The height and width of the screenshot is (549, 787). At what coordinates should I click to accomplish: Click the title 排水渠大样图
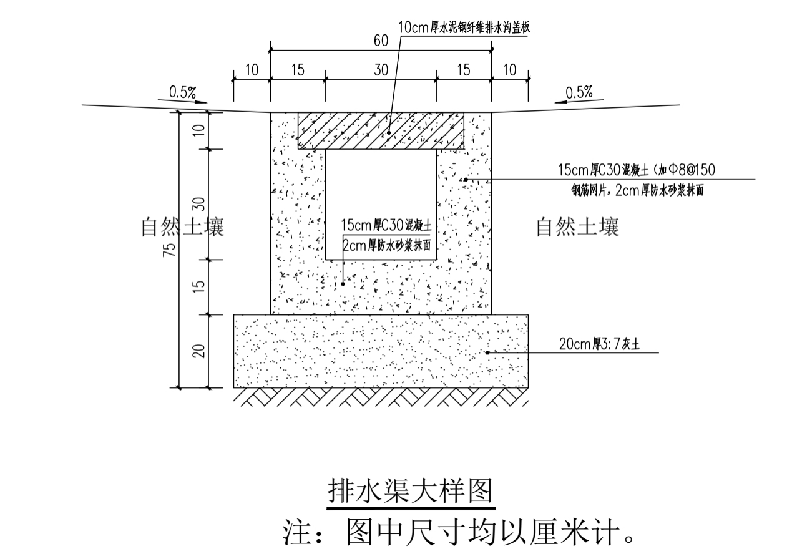(x=411, y=490)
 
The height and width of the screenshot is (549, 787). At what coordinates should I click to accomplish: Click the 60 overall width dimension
(x=381, y=41)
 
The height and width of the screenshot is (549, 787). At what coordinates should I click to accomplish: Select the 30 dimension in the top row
(x=381, y=70)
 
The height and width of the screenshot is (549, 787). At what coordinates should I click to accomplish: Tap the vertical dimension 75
(x=169, y=249)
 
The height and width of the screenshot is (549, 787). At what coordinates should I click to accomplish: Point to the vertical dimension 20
(x=198, y=351)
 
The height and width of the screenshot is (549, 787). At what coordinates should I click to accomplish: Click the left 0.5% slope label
(x=182, y=92)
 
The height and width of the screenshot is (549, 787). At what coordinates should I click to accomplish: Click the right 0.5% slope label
(x=579, y=92)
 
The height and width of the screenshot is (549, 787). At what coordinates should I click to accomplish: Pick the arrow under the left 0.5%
(x=182, y=102)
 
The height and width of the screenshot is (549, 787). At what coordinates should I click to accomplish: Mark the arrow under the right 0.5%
(x=579, y=102)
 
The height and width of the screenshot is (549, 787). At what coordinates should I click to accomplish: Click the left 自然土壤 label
(x=182, y=226)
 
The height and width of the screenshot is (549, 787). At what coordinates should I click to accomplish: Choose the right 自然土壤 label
(x=577, y=226)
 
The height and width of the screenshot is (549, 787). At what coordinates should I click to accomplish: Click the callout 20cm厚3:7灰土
(x=599, y=344)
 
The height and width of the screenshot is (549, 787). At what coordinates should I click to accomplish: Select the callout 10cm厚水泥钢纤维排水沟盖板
(x=464, y=27)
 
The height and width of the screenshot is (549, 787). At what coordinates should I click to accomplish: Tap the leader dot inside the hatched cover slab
(x=389, y=133)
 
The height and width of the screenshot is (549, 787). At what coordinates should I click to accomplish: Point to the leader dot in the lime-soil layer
(x=487, y=352)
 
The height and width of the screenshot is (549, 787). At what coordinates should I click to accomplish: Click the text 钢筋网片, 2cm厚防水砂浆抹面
(x=637, y=190)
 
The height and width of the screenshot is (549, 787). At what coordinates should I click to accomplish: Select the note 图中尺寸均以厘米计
(x=459, y=532)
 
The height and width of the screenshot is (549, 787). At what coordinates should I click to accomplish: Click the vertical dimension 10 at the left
(x=198, y=130)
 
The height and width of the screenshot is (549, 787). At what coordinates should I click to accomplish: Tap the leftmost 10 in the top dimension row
(x=252, y=70)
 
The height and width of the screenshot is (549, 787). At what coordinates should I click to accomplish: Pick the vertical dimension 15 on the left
(x=198, y=287)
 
